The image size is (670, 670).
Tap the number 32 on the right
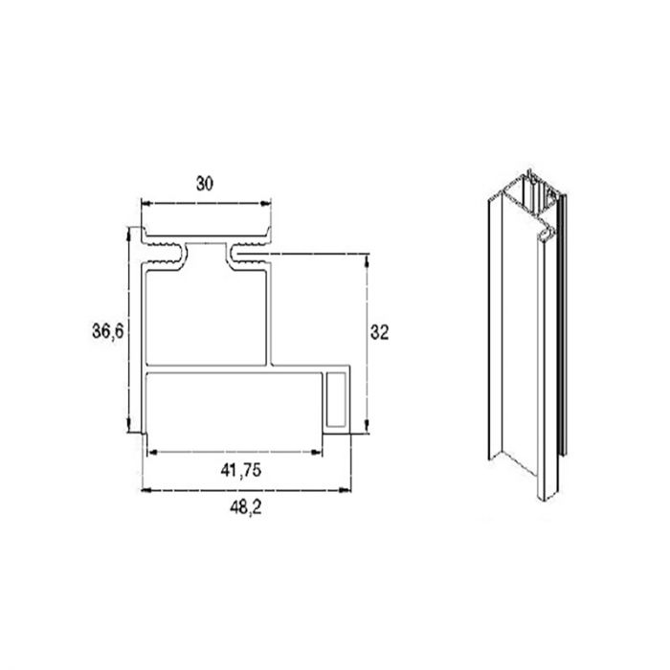click(379, 332)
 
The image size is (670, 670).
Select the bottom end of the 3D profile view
click(522, 483)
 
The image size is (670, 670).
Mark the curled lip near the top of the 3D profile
click(546, 230)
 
